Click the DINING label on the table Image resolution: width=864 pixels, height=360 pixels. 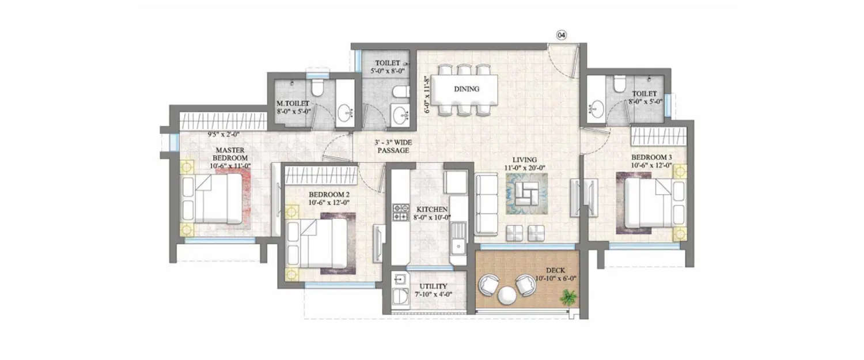click(467, 89)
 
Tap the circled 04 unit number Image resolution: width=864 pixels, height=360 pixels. click(561, 35)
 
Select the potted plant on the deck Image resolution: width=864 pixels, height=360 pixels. click(569, 298)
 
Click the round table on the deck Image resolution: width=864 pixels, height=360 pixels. click(507, 295)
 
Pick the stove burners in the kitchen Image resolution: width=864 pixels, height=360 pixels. click(400, 213)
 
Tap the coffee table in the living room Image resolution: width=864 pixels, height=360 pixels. click(525, 194)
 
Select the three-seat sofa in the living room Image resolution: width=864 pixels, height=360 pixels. click(487, 205)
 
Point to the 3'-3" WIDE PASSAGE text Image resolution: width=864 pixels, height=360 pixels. click(393, 146)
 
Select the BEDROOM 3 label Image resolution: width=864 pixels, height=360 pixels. click(651, 157)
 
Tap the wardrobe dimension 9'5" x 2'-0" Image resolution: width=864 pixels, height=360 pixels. click(223, 135)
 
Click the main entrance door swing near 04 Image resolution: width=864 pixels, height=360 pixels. click(562, 60)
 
